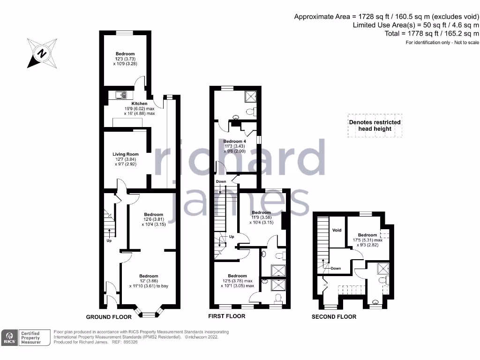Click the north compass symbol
click(42, 53)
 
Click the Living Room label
click(126, 154)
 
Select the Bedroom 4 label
click(234, 142)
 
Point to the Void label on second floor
click(337, 231)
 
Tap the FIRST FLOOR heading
click(226, 316)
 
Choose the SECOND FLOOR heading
click(334, 317)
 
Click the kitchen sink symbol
click(121, 95)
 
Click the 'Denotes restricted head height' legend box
click(375, 125)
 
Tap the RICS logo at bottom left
click(9, 337)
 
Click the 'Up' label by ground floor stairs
click(109, 241)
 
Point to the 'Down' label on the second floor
click(336, 269)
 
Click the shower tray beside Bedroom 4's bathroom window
click(249, 97)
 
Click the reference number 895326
click(130, 342)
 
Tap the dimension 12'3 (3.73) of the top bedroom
click(125, 59)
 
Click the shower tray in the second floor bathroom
click(383, 269)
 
